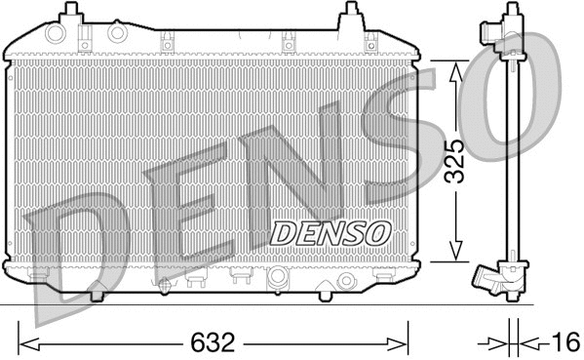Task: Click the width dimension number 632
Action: click(x=211, y=343)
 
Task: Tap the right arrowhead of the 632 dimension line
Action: click(x=403, y=343)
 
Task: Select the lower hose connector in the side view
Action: click(x=488, y=279)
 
